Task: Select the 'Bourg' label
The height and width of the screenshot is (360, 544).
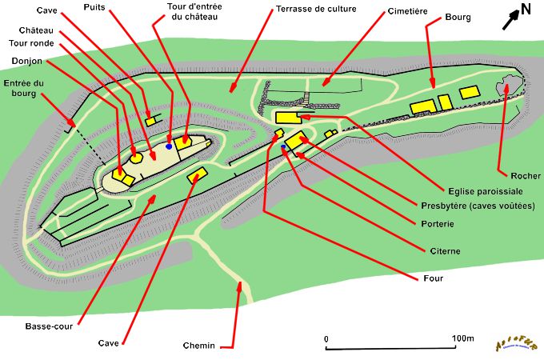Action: click(459, 16)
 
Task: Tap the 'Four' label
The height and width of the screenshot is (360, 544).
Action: click(431, 278)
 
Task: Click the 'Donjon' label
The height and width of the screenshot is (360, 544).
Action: click(27, 60)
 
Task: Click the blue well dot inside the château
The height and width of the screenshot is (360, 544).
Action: click(169, 146)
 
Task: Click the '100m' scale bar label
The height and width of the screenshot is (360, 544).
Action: click(462, 338)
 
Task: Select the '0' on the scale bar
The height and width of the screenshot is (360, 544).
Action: click(326, 338)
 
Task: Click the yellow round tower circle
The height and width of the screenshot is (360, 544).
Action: click(137, 157)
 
